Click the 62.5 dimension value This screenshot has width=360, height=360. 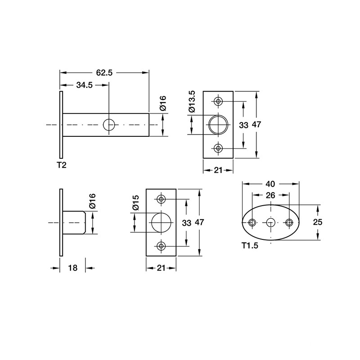(104, 72)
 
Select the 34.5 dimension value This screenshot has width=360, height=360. (84, 85)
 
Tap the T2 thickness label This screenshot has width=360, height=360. (62, 165)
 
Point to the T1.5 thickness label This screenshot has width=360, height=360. (250, 246)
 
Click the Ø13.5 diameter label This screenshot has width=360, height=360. (192, 101)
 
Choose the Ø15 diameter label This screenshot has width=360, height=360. (136, 202)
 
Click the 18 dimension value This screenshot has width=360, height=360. (73, 268)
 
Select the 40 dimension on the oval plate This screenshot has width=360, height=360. (270, 184)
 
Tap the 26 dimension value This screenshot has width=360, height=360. (270, 195)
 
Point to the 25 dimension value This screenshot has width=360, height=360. (318, 222)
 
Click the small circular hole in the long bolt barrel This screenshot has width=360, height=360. (109, 125)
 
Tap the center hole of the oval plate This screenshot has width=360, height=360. (271, 222)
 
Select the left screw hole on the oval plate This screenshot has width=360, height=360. (252, 222)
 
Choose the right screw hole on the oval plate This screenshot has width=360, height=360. (289, 222)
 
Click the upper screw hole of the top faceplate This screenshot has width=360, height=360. (218, 101)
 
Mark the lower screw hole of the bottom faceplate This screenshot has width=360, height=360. (161, 246)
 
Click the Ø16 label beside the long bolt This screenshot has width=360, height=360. (163, 103)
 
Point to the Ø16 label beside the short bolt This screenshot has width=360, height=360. (92, 201)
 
